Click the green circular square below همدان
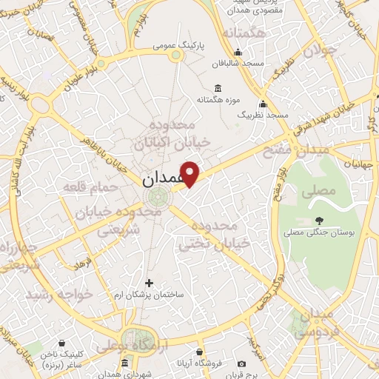[x=157, y=197]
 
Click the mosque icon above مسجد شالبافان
[x=238, y=52]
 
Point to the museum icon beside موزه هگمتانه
[x=201, y=85]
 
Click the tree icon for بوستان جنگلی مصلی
[x=319, y=220]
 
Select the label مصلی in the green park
[x=318, y=190]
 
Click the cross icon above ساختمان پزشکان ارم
[x=150, y=283]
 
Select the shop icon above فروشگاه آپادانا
[x=199, y=352]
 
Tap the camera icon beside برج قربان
[x=242, y=364]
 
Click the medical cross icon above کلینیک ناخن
[x=60, y=344]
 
